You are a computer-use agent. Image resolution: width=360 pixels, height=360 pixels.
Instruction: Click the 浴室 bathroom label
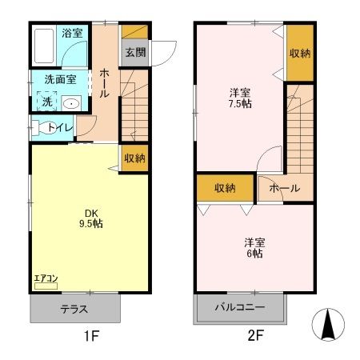[x=73, y=34]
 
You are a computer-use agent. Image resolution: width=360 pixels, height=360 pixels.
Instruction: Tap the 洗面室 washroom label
[x=60, y=79]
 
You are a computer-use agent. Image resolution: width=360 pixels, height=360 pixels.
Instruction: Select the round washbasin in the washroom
[x=72, y=102]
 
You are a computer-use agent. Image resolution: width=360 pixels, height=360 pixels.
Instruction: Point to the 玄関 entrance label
[x=134, y=53]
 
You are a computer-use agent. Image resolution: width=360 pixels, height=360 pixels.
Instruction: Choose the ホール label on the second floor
[x=284, y=189]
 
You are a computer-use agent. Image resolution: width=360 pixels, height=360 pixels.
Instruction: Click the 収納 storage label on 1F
[x=135, y=158]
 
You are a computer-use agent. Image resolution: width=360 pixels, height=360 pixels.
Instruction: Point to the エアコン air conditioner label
[x=46, y=279]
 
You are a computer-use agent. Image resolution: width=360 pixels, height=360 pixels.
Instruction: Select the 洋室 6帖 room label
[x=254, y=247]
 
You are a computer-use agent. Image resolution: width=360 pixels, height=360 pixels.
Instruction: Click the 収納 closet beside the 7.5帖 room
[x=300, y=53]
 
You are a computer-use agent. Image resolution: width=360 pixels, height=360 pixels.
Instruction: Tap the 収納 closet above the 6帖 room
[x=225, y=188]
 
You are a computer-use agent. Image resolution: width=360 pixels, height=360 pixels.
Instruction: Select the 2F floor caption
[x=254, y=336]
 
